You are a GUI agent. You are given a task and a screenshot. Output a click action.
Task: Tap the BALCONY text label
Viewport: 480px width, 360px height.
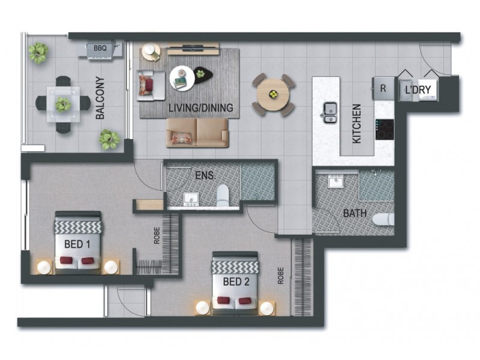(x=100, y=98)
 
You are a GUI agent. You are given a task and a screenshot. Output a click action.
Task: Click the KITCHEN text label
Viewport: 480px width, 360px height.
(x=356, y=124)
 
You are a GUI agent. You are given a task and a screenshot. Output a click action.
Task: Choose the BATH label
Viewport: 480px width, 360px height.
(x=355, y=214)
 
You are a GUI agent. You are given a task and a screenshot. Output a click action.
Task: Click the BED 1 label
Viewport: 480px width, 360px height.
(x=77, y=244)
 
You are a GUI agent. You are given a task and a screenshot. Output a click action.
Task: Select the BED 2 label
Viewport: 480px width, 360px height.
(x=236, y=281)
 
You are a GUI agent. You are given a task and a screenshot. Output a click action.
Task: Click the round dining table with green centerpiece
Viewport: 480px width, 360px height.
(x=273, y=94)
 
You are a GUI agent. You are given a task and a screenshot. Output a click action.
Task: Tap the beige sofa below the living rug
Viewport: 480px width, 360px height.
(x=197, y=132)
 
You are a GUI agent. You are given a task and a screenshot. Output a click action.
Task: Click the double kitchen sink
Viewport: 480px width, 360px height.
(x=329, y=112)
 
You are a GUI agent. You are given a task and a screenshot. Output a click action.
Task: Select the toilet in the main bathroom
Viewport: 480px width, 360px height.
(x=383, y=220)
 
